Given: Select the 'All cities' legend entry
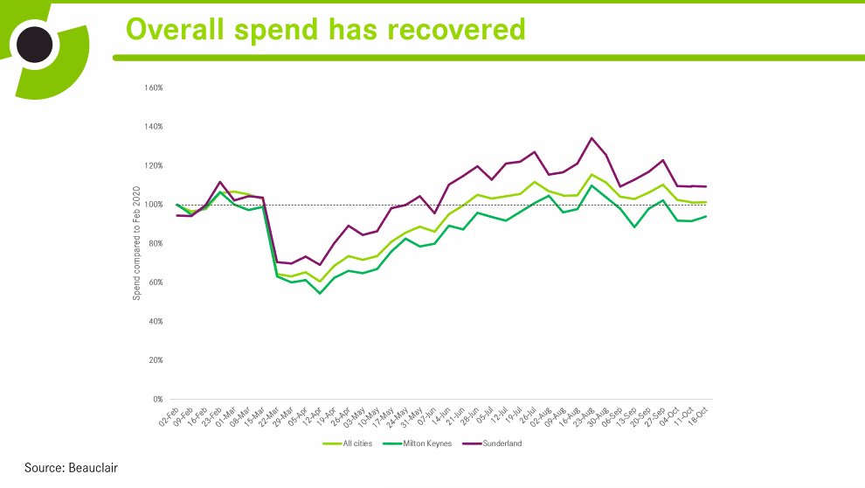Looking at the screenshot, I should [349, 443].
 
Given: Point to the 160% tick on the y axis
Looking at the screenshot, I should [154, 88].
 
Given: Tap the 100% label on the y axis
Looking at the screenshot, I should [154, 205].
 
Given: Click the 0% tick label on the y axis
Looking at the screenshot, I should [157, 400].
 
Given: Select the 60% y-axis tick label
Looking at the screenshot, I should [156, 282].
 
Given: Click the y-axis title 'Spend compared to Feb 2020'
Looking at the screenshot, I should [136, 243].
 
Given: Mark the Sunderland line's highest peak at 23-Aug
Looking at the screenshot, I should [592, 138].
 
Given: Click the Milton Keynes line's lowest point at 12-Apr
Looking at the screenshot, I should [320, 293].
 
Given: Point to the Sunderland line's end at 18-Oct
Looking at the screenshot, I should [705, 186].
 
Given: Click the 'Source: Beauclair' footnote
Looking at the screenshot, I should [70, 468].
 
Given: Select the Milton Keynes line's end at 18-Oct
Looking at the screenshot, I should [705, 216].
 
